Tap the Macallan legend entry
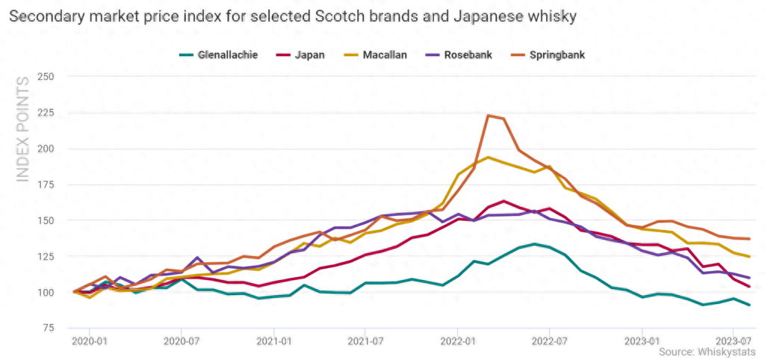click(384, 55)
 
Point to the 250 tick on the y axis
click(46, 77)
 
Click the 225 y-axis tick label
click(46, 113)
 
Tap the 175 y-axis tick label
click(46, 184)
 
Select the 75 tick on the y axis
click(49, 328)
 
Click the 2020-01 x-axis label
click(90, 341)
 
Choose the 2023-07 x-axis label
click(733, 341)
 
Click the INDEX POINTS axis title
click(23, 128)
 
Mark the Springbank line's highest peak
click(488, 116)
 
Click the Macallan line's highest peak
click(488, 158)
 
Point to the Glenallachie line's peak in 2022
click(534, 243)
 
